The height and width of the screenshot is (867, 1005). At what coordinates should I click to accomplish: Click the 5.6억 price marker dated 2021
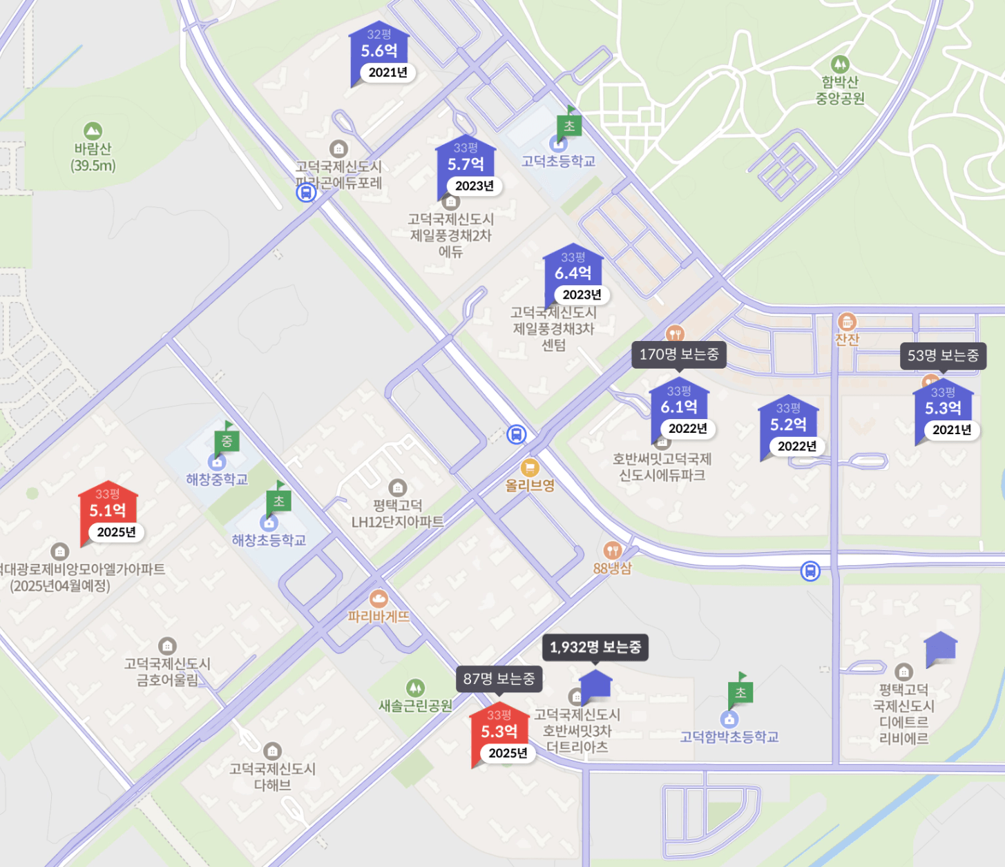pyautogui.click(x=379, y=52)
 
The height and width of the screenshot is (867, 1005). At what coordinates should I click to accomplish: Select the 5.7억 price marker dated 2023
pyautogui.click(x=466, y=165)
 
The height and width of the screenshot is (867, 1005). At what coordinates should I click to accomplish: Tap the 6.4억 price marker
pyautogui.click(x=573, y=273)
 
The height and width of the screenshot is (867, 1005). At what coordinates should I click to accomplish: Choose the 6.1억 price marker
pyautogui.click(x=679, y=407)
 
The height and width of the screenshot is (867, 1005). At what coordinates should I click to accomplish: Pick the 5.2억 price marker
pyautogui.click(x=788, y=425)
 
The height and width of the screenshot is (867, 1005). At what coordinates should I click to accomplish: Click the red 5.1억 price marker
pyautogui.click(x=108, y=511)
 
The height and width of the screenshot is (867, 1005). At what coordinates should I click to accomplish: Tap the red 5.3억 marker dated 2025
pyautogui.click(x=499, y=732)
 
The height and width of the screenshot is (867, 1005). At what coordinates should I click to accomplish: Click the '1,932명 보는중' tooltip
pyautogui.click(x=595, y=647)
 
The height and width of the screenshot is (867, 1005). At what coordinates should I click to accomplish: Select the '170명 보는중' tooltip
pyautogui.click(x=679, y=355)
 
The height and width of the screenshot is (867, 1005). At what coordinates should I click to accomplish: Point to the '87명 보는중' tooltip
pyautogui.click(x=499, y=679)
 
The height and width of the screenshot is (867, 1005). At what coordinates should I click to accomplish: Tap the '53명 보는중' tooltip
pyautogui.click(x=943, y=355)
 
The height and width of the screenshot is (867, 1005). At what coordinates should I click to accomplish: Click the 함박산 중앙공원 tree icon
pyautogui.click(x=840, y=65)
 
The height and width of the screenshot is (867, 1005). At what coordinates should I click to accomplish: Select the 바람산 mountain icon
pyautogui.click(x=93, y=131)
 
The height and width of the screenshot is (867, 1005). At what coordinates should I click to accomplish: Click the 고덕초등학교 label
pyautogui.click(x=558, y=162)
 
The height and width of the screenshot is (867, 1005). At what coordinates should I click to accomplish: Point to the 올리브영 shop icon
pyautogui.click(x=530, y=468)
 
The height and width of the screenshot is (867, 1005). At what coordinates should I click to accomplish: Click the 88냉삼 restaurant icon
pyautogui.click(x=612, y=550)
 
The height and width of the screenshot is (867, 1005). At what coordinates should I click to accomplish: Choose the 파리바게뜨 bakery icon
pyautogui.click(x=379, y=598)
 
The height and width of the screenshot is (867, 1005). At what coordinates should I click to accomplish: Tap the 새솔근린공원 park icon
pyautogui.click(x=415, y=688)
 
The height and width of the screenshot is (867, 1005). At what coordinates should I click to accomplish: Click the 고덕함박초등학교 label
pyautogui.click(x=729, y=737)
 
